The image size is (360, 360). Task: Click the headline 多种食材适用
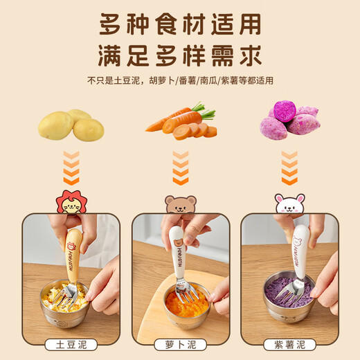click(180, 25)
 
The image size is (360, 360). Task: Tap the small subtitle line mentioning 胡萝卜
click(180, 80)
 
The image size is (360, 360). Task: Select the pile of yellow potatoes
click(71, 125)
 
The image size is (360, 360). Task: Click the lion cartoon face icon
click(71, 203)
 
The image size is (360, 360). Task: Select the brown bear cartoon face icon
click(180, 205)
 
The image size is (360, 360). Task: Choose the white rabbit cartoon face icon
click(289, 205)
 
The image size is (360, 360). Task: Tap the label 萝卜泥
click(180, 344)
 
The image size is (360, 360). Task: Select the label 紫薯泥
click(289, 344)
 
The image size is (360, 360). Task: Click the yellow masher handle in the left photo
click(73, 249)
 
